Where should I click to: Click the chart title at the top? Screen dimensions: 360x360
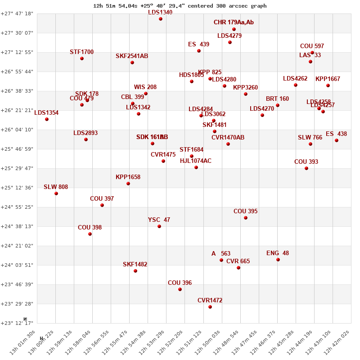180,6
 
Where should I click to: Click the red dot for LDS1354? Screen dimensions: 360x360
47,119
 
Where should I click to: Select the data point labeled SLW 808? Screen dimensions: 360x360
56,193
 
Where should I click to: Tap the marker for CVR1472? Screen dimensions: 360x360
210,307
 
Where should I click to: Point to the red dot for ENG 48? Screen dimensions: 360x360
278,260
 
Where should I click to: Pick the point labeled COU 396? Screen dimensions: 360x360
180,289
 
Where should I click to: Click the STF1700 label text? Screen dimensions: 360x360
81,52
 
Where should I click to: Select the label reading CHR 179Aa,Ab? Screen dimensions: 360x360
234,22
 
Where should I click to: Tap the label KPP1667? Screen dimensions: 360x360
328,79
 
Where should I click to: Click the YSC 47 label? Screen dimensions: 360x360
159,220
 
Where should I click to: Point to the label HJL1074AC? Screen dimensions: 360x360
195,161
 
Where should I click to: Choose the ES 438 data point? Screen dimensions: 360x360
337,140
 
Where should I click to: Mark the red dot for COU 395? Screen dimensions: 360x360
246,218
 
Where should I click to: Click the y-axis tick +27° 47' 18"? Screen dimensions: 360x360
17,13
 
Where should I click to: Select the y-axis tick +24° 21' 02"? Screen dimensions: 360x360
17,246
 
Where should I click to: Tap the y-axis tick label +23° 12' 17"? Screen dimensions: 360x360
17,323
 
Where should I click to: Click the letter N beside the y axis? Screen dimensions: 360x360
25,319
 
